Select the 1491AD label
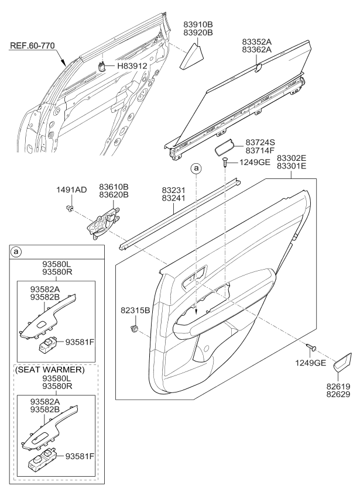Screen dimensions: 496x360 71,190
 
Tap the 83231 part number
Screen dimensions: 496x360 173,190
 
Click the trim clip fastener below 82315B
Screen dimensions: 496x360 136,329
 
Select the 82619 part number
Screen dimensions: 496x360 341,387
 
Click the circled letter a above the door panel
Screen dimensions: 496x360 197,168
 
